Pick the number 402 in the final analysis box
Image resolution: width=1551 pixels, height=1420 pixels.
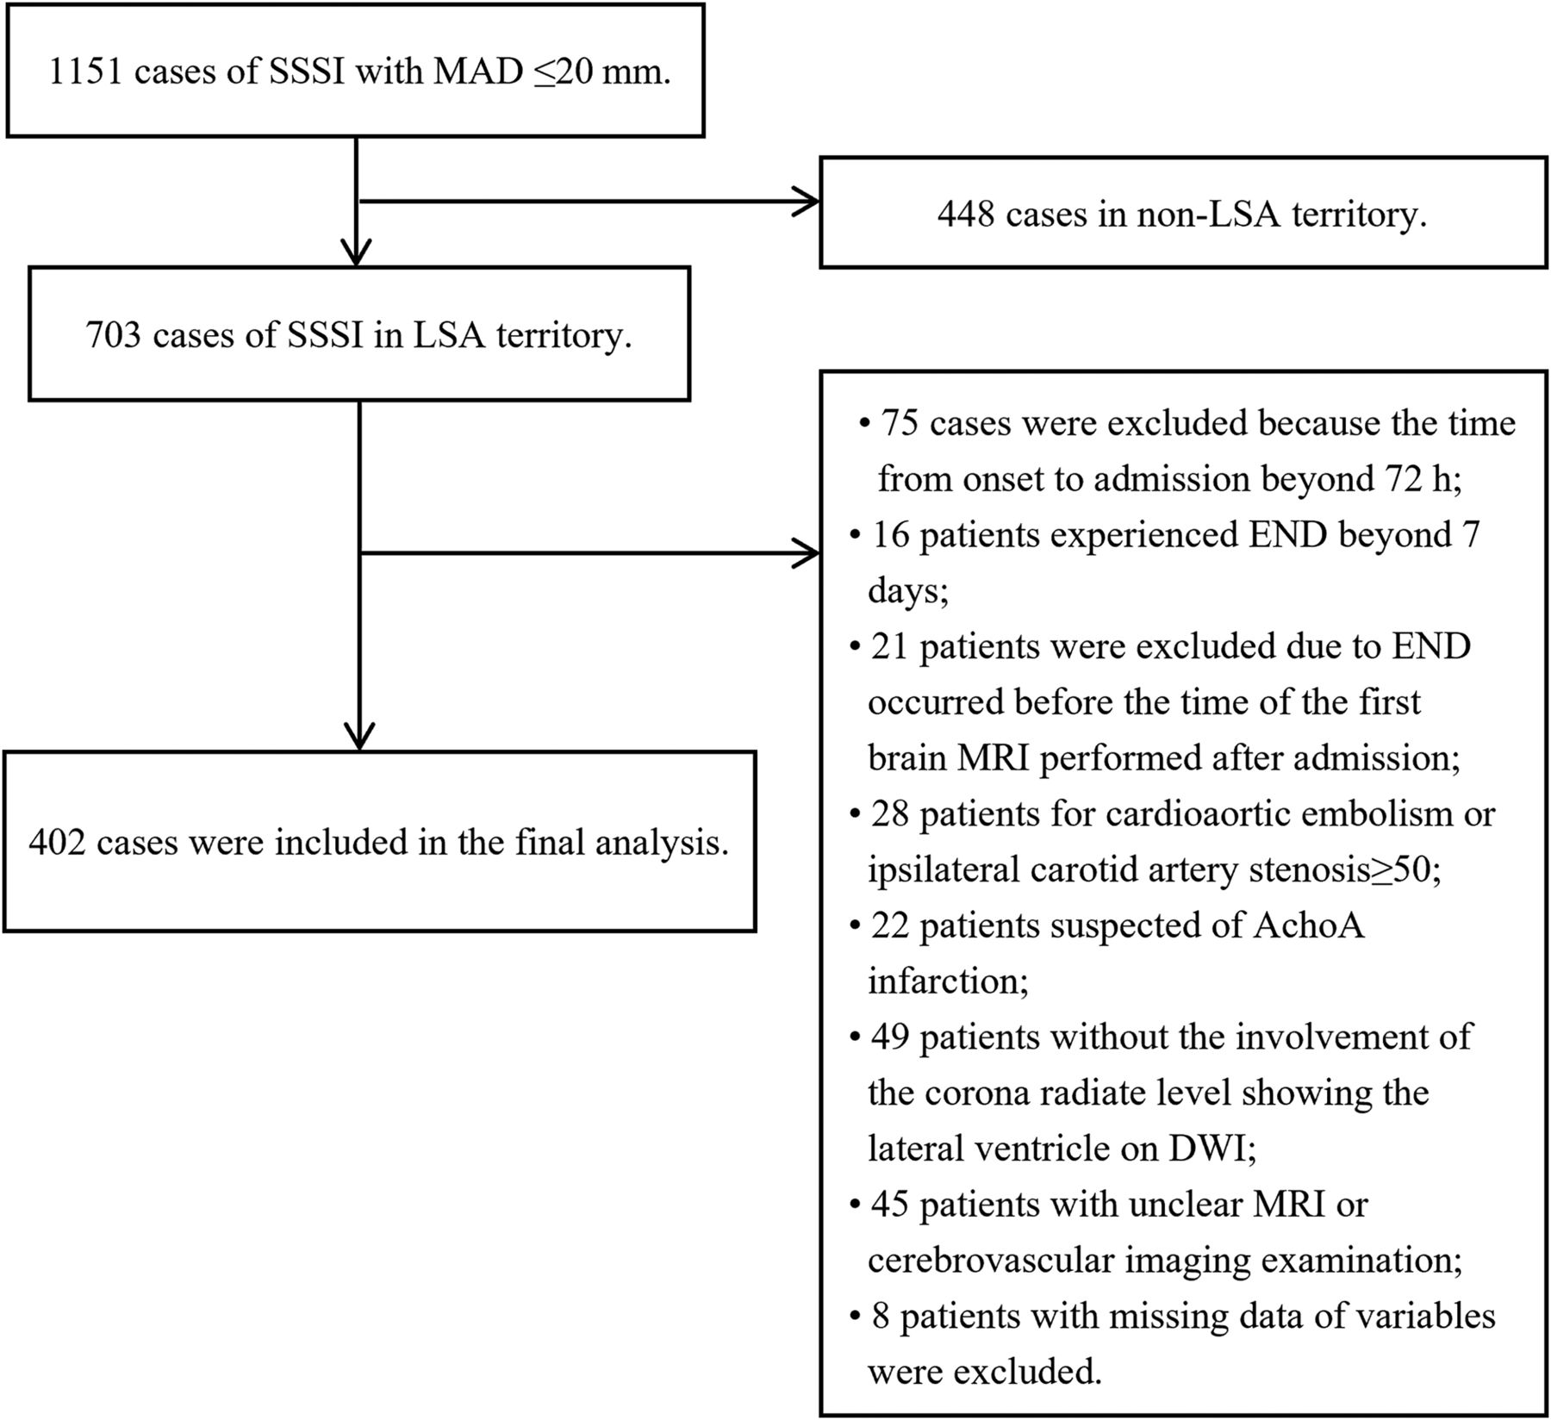point(57,842)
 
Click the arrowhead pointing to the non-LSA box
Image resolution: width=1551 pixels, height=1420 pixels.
point(807,202)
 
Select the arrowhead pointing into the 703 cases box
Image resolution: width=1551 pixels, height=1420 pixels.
point(356,252)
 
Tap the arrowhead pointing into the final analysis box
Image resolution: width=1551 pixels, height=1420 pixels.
point(359,736)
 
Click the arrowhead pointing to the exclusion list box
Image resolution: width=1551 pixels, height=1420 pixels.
point(807,554)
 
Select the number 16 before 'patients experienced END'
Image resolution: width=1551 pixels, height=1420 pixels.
point(891,536)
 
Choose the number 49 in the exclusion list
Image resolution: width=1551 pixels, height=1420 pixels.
point(891,1037)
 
